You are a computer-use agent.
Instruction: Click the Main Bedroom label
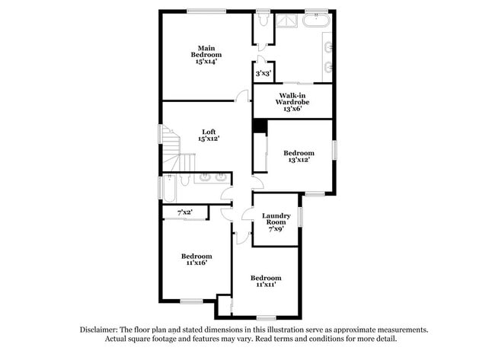206,55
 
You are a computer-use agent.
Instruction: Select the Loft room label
208,135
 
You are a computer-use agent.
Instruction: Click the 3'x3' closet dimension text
263,73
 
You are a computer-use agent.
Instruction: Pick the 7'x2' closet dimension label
184,212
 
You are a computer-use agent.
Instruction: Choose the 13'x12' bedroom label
299,157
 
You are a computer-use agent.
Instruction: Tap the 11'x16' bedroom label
196,260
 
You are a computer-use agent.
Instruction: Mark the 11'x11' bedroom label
266,281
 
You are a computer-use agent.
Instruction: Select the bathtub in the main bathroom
315,20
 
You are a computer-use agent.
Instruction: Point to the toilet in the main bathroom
263,21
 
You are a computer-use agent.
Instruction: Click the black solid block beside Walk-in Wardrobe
259,126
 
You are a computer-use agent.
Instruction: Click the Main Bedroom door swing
242,96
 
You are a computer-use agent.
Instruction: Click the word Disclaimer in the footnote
102,330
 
